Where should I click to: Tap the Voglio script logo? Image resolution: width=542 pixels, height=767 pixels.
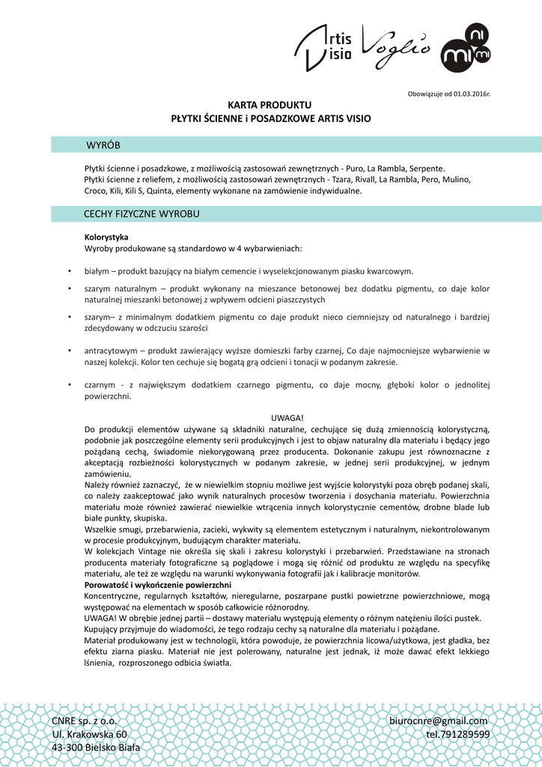click(x=397, y=43)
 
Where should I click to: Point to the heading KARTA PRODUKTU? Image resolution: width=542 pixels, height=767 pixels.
click(x=270, y=105)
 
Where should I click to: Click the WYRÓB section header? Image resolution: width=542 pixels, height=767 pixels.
click(x=103, y=145)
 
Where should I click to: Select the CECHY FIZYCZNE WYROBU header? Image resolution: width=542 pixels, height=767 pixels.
click(x=141, y=214)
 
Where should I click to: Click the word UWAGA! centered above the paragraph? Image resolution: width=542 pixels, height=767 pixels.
click(x=287, y=418)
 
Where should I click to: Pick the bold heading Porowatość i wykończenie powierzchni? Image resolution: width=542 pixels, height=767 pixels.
click(x=158, y=584)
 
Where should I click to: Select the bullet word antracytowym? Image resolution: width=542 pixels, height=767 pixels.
click(x=111, y=351)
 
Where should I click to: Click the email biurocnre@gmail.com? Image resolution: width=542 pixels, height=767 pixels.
click(x=439, y=721)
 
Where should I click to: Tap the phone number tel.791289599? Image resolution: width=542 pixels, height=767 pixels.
click(x=457, y=734)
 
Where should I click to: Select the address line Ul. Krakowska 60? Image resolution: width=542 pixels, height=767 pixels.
click(x=89, y=734)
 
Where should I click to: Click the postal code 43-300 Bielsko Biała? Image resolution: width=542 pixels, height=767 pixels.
click(x=96, y=748)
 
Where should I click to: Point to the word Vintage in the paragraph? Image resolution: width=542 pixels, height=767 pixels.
click(x=152, y=553)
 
